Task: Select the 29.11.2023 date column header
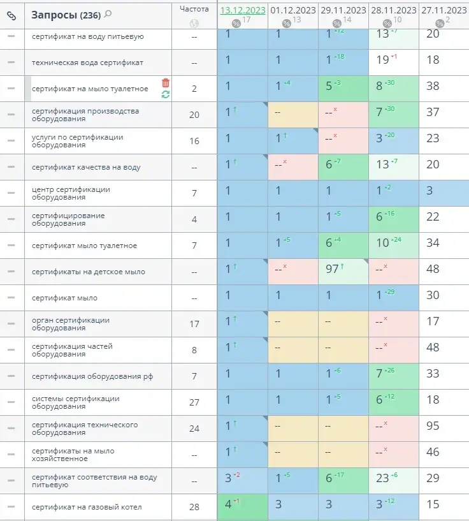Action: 342,10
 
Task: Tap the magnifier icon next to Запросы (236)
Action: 108,14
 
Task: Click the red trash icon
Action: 166,83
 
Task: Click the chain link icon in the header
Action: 11,15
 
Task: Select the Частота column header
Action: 194,9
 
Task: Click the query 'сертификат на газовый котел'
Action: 87,507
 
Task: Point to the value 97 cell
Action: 333,269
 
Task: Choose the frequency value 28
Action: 194,507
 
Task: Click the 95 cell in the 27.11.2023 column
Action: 433,426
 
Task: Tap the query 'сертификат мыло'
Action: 64,298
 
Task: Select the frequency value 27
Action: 194,402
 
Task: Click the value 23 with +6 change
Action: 383,478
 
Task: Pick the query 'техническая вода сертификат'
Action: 87,62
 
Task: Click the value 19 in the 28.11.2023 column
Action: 383,60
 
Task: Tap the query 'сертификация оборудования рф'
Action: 92,376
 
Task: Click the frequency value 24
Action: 194,429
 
